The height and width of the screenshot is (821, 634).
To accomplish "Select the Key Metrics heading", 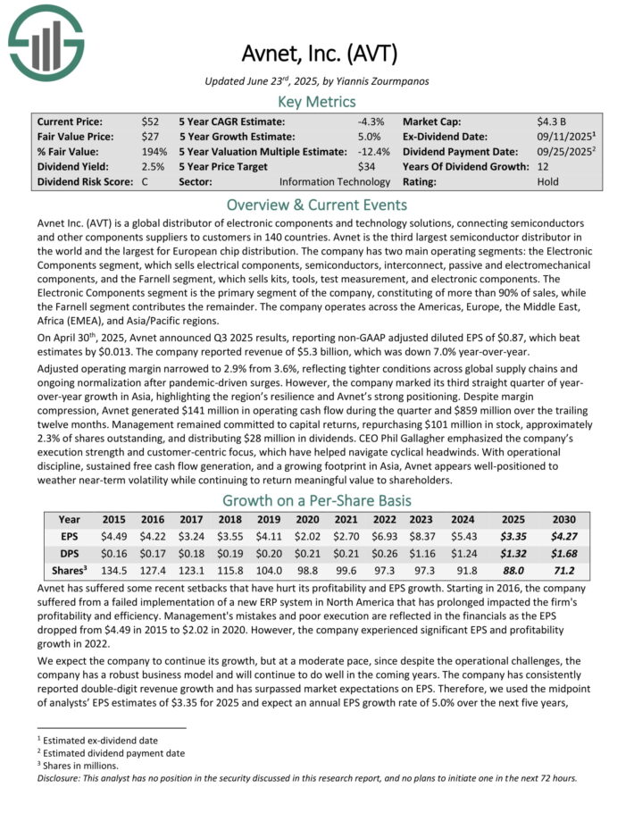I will pos(317,101).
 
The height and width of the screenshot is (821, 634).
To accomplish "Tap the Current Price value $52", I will pos(150,121).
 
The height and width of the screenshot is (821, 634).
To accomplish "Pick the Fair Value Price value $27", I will pos(150,136).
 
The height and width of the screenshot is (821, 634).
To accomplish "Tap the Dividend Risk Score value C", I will pos(146,181).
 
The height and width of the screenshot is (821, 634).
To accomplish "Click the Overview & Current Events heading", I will pos(317,204).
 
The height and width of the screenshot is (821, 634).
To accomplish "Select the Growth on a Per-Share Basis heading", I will pos(317,500).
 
